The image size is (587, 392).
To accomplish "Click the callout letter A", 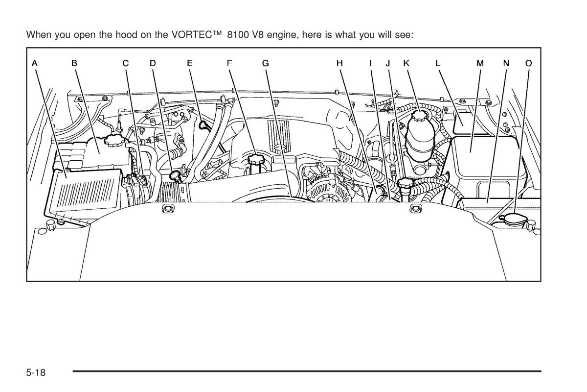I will click(x=35, y=63).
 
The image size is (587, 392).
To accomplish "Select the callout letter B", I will click(x=74, y=63).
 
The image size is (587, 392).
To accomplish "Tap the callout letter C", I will click(x=126, y=63).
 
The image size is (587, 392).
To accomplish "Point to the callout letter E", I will click(x=190, y=63).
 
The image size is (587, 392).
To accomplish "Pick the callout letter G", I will click(x=265, y=63).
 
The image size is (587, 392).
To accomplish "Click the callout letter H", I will click(x=340, y=63).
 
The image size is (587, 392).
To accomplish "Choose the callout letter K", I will click(x=406, y=63).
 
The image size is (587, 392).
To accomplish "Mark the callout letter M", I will click(x=480, y=63).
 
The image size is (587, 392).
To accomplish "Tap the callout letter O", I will click(x=528, y=63).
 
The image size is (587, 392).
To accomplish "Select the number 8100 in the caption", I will click(x=238, y=35).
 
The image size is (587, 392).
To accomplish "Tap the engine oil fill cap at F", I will click(x=255, y=159).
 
